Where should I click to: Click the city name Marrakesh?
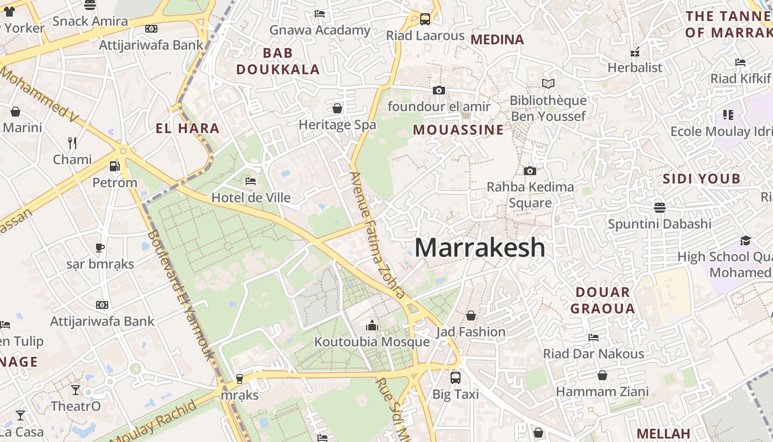click(479, 248)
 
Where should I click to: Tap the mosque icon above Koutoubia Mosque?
click(372, 326)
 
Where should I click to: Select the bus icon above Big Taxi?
click(456, 378)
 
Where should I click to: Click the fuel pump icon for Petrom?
click(114, 166)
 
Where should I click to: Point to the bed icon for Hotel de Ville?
click(251, 181)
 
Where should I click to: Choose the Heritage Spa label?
click(337, 125)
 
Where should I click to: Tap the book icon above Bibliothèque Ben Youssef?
click(548, 84)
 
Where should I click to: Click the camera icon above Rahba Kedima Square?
click(530, 171)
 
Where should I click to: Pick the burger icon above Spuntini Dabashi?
click(659, 208)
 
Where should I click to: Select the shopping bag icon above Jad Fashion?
click(471, 315)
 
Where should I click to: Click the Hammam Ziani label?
click(602, 392)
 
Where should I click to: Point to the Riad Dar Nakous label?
click(594, 354)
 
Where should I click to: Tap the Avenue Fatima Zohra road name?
click(378, 235)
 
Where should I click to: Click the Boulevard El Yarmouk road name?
click(180, 296)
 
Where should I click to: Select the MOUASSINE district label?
click(458, 130)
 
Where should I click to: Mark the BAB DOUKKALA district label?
click(278, 61)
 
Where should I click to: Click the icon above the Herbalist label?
click(635, 52)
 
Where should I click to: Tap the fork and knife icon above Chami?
click(72, 143)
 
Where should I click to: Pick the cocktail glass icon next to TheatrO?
click(76, 390)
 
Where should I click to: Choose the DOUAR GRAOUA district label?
click(602, 301)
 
